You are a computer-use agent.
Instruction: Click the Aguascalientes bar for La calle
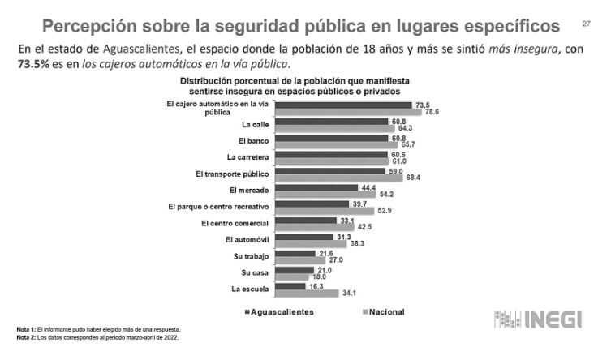[332, 122]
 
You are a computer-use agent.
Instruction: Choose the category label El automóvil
[247, 240]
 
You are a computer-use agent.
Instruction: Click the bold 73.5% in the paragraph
[37, 64]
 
